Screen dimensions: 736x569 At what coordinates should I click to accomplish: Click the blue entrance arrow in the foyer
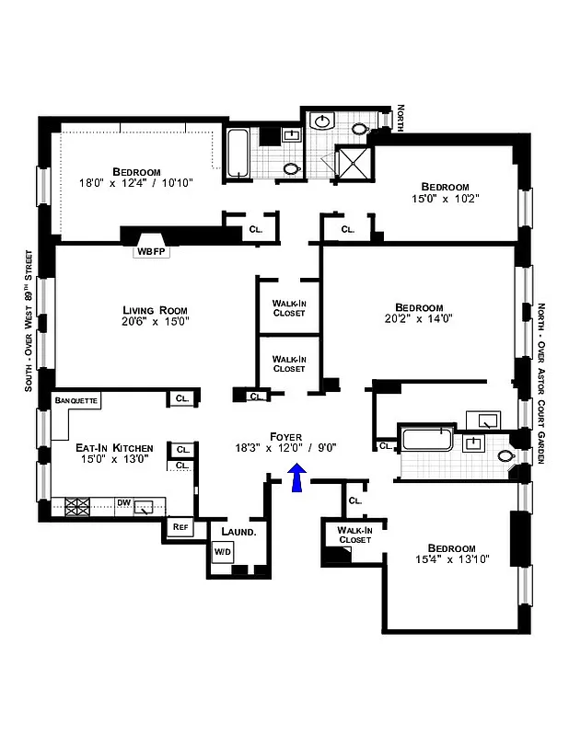pyautogui.click(x=297, y=478)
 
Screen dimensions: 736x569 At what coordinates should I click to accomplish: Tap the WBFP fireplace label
pyautogui.click(x=151, y=250)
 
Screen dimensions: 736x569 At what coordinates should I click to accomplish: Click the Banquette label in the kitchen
pyautogui.click(x=76, y=401)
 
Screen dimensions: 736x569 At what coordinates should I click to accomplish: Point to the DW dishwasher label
pyautogui.click(x=123, y=502)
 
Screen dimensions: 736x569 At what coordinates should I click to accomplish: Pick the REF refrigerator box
pyautogui.click(x=180, y=527)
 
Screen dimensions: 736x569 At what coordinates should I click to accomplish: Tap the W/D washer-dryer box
pyautogui.click(x=223, y=551)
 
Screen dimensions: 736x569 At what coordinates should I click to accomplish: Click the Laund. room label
pyautogui.click(x=237, y=532)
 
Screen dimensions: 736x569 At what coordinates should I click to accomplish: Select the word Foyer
pyautogui.click(x=285, y=435)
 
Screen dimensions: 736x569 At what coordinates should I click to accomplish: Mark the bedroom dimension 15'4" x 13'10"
pyautogui.click(x=446, y=558)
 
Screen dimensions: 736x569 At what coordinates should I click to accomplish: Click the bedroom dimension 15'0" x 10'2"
pyautogui.click(x=446, y=198)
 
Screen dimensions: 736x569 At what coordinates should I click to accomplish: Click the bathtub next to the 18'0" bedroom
pyautogui.click(x=238, y=154)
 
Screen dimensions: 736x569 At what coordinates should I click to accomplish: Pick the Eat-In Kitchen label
pyautogui.click(x=114, y=448)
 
